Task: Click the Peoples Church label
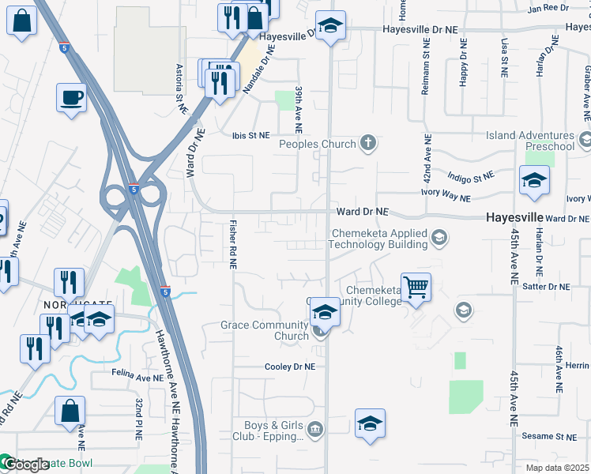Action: coord(317,144)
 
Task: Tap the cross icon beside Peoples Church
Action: coord(367,143)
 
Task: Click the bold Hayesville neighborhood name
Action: coord(514,217)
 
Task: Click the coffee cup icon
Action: coord(71,98)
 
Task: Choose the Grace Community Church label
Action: coord(264,330)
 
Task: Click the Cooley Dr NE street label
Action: coord(289,367)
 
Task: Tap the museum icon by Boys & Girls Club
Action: coord(315,430)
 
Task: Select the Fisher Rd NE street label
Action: coord(233,244)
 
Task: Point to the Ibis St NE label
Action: coord(250,135)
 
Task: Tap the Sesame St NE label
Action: coord(555,436)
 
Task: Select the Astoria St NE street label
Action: coord(181,87)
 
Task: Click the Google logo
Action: coord(25,465)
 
